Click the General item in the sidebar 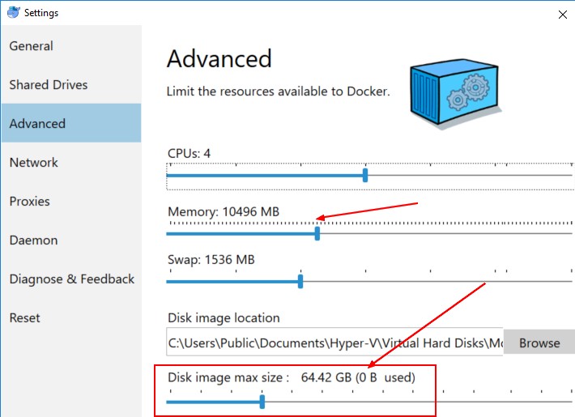[32, 46]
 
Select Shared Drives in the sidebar [49, 85]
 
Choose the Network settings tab [34, 163]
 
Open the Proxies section [29, 202]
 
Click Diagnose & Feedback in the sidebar [72, 279]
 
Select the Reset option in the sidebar [25, 318]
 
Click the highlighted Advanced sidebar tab [37, 124]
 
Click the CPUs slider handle [365, 174]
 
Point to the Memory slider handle [317, 233]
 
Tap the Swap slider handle [300, 281]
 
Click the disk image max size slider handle [262, 401]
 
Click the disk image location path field [334, 343]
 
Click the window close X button [563, 13]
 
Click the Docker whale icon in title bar [11, 13]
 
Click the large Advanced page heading [219, 59]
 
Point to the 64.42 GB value [325, 377]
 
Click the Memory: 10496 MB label [224, 212]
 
